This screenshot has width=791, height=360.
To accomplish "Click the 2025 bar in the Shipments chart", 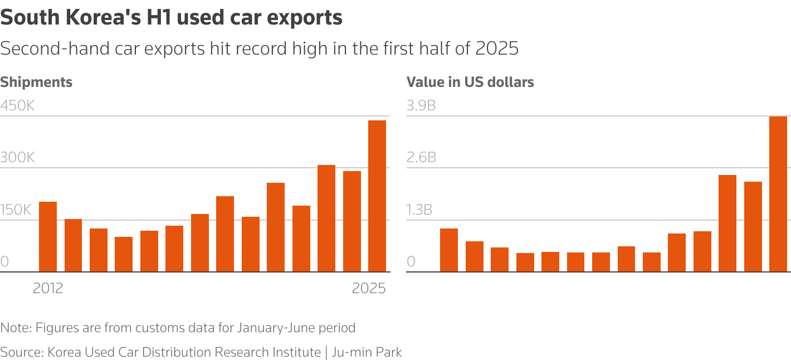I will (377, 196).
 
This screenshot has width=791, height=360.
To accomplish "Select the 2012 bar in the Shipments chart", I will (48, 237).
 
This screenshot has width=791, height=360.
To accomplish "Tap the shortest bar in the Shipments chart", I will (124, 254).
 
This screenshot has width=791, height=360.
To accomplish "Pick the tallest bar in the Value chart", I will (778, 194).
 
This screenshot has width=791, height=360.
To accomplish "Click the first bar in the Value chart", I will (449, 250).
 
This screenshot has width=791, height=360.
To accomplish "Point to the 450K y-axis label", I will (17, 105).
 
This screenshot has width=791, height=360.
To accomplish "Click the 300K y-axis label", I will (17, 158).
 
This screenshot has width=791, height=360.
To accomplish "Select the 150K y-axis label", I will (16, 210).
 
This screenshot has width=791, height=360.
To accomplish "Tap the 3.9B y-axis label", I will (421, 105).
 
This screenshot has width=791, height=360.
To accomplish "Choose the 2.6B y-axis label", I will (421, 158).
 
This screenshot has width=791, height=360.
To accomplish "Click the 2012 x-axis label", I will (48, 289).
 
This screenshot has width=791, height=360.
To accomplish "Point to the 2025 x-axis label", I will (369, 289).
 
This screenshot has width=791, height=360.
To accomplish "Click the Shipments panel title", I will (36, 82).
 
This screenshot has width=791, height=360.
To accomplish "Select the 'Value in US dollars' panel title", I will (470, 82).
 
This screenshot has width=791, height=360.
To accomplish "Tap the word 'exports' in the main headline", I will (305, 18).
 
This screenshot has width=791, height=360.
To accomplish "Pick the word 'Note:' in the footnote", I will (16, 328).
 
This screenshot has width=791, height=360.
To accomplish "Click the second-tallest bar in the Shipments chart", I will (326, 218).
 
